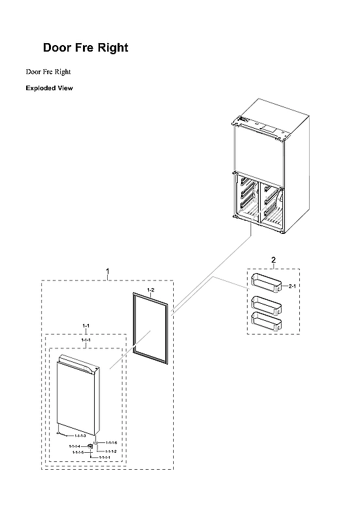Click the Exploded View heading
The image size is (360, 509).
point(49,88)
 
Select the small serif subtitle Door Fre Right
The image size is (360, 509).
point(48,71)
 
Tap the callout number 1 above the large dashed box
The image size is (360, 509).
point(108,271)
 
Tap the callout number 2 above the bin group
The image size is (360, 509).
point(273,260)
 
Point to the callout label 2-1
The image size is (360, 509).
point(293,286)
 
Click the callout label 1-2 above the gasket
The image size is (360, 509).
point(150,289)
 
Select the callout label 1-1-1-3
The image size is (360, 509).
point(80,435)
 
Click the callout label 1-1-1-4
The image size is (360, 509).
point(76,446)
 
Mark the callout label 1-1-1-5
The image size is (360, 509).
point(78,452)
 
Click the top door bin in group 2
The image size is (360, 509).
point(266,283)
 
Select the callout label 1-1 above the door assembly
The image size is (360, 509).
point(86,325)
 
